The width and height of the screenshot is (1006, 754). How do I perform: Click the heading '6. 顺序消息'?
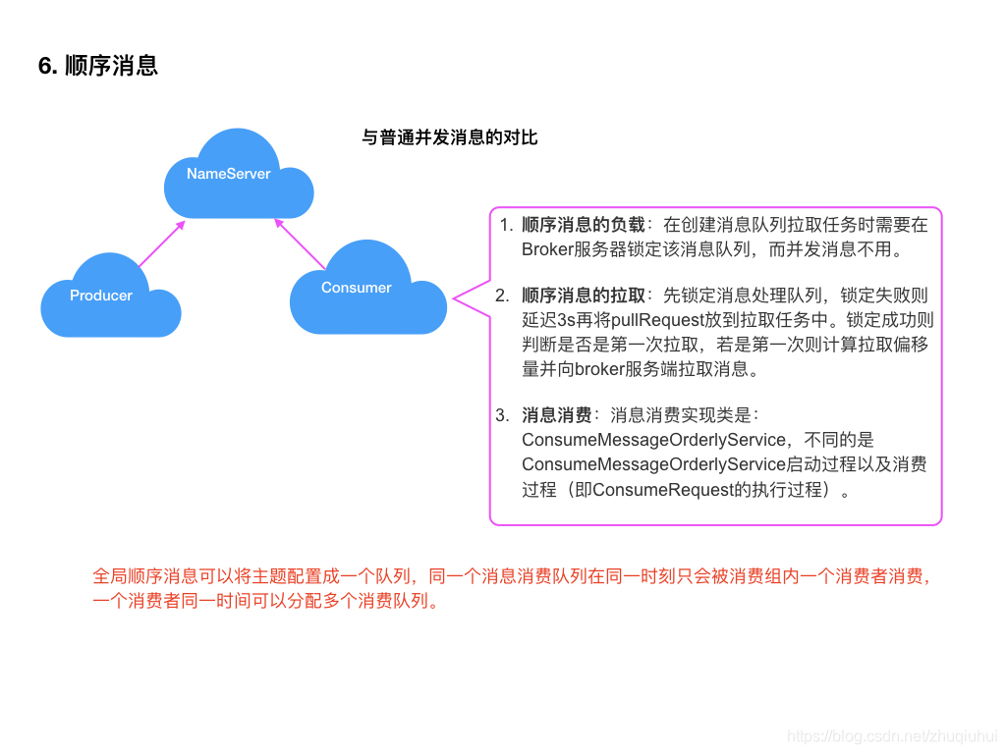pyautogui.click(x=98, y=66)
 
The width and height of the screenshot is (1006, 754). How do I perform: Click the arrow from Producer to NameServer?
pyautogui.click(x=161, y=243)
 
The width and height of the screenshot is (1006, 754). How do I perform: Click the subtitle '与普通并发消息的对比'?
pyautogui.click(x=450, y=137)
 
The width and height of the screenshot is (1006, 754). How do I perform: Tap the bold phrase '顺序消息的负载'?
pyautogui.click(x=584, y=225)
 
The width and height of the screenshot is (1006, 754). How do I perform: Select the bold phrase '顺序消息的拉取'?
pyautogui.click(x=584, y=296)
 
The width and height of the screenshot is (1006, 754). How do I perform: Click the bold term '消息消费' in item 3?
pyautogui.click(x=557, y=415)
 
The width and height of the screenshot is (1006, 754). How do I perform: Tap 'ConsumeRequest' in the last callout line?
pyautogui.click(x=663, y=489)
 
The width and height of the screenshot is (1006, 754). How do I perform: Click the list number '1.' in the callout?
pyautogui.click(x=506, y=225)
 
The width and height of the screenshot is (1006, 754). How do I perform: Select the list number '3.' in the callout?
pyautogui.click(x=503, y=415)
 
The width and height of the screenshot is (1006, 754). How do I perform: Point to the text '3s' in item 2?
pyautogui.click(x=567, y=320)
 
